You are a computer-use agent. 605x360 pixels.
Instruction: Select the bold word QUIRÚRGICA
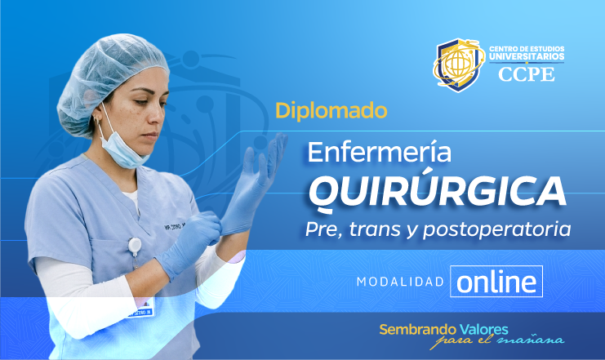[x=436, y=191]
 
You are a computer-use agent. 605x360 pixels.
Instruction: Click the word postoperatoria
[x=502, y=229]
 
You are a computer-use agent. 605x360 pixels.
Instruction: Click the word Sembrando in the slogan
[x=416, y=329]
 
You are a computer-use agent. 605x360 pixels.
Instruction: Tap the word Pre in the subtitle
[x=318, y=229]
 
